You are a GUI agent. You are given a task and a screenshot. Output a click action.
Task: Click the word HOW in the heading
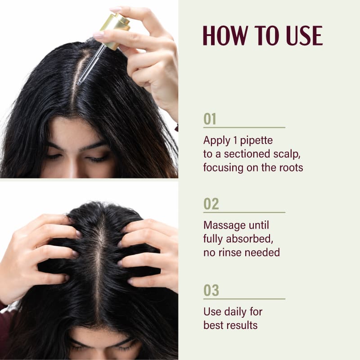[x=225, y=36]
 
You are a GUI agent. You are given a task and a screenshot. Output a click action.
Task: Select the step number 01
[x=210, y=119]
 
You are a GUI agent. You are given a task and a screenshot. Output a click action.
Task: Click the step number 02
[x=211, y=204]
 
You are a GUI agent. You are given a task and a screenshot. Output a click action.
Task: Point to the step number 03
[x=211, y=290]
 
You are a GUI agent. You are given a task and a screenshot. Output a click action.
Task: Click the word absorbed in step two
[x=250, y=239]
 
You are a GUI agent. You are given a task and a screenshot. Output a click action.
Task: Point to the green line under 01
[x=244, y=127]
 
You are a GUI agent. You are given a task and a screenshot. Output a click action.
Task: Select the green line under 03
[x=244, y=299]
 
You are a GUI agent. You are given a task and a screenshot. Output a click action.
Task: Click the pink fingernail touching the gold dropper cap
[x=99, y=35]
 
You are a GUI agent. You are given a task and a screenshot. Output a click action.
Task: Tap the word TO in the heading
[x=267, y=36]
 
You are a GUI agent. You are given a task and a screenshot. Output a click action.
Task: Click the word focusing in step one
[x=223, y=168]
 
